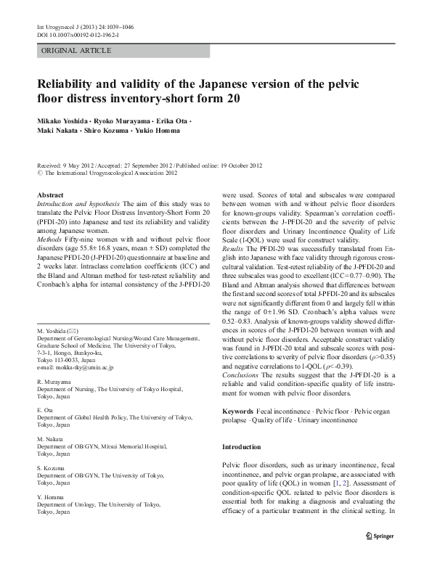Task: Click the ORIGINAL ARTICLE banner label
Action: pyautogui.click(x=76, y=50)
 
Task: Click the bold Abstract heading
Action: pyautogui.click(x=50, y=196)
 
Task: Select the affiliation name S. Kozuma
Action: pyautogui.click(x=52, y=468)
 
